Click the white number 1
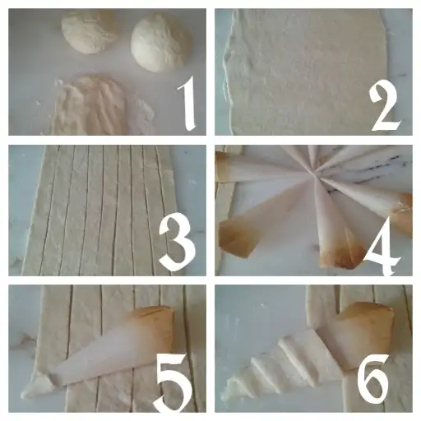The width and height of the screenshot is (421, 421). pyautogui.click(x=187, y=104)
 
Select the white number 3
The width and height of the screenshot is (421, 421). pyautogui.click(x=178, y=242)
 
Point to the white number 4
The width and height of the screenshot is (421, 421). pyautogui.click(x=382, y=246)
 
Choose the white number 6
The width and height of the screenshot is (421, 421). pyautogui.click(x=374, y=379)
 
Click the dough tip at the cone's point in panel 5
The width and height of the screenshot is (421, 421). pyautogui.click(x=38, y=386)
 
